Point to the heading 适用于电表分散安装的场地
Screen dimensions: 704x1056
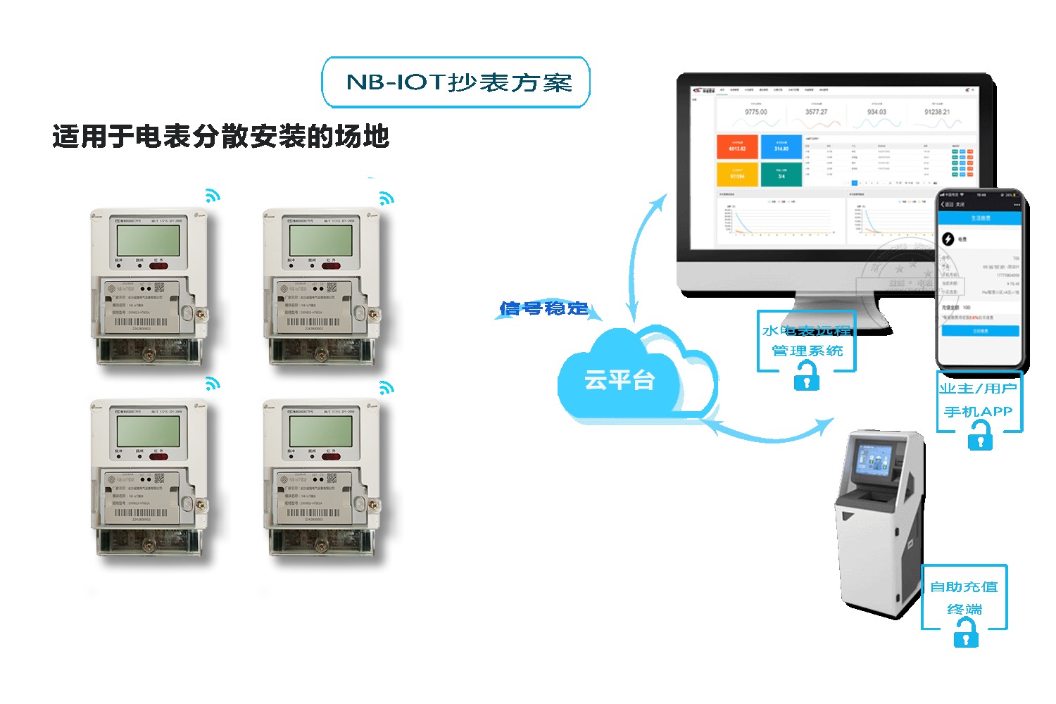[x=220, y=137]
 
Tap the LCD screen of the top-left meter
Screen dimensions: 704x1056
[x=149, y=240]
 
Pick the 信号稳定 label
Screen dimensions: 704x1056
[x=543, y=308]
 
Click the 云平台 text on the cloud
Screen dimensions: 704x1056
[x=620, y=381]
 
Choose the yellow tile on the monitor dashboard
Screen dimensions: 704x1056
[x=737, y=175]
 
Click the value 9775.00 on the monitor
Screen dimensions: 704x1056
[x=756, y=112]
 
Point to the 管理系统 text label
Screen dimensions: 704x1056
[x=807, y=351]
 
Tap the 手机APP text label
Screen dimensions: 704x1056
[x=979, y=412]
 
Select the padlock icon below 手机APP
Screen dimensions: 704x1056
[x=979, y=439]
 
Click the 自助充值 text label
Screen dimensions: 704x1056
[x=964, y=587]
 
